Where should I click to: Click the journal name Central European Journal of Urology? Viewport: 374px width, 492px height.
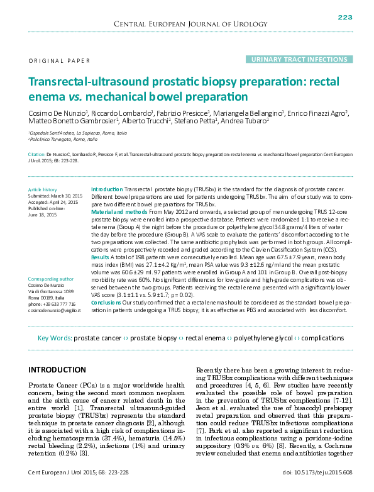187,24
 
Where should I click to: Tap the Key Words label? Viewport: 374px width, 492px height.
55,338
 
